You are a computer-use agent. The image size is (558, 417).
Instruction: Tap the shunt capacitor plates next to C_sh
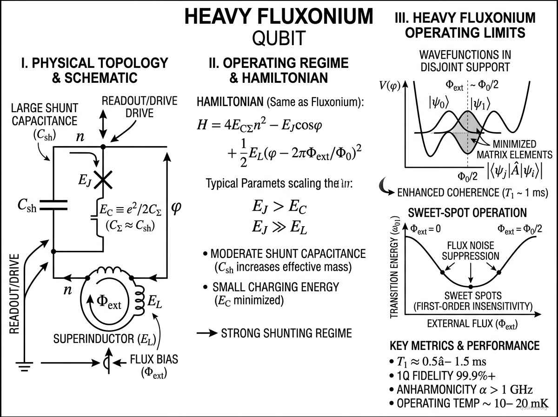pyautogui.click(x=54, y=206)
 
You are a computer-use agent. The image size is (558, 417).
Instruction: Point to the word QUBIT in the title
pyautogui.click(x=279, y=38)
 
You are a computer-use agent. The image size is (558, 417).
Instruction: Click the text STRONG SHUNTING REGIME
pyautogui.click(x=286, y=333)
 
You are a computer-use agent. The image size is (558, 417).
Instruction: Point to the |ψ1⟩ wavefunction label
pyautogui.click(x=485, y=103)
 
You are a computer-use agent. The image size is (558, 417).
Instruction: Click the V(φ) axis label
pyautogui.click(x=389, y=87)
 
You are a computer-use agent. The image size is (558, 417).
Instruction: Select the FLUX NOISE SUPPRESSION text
pyautogui.click(x=471, y=250)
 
